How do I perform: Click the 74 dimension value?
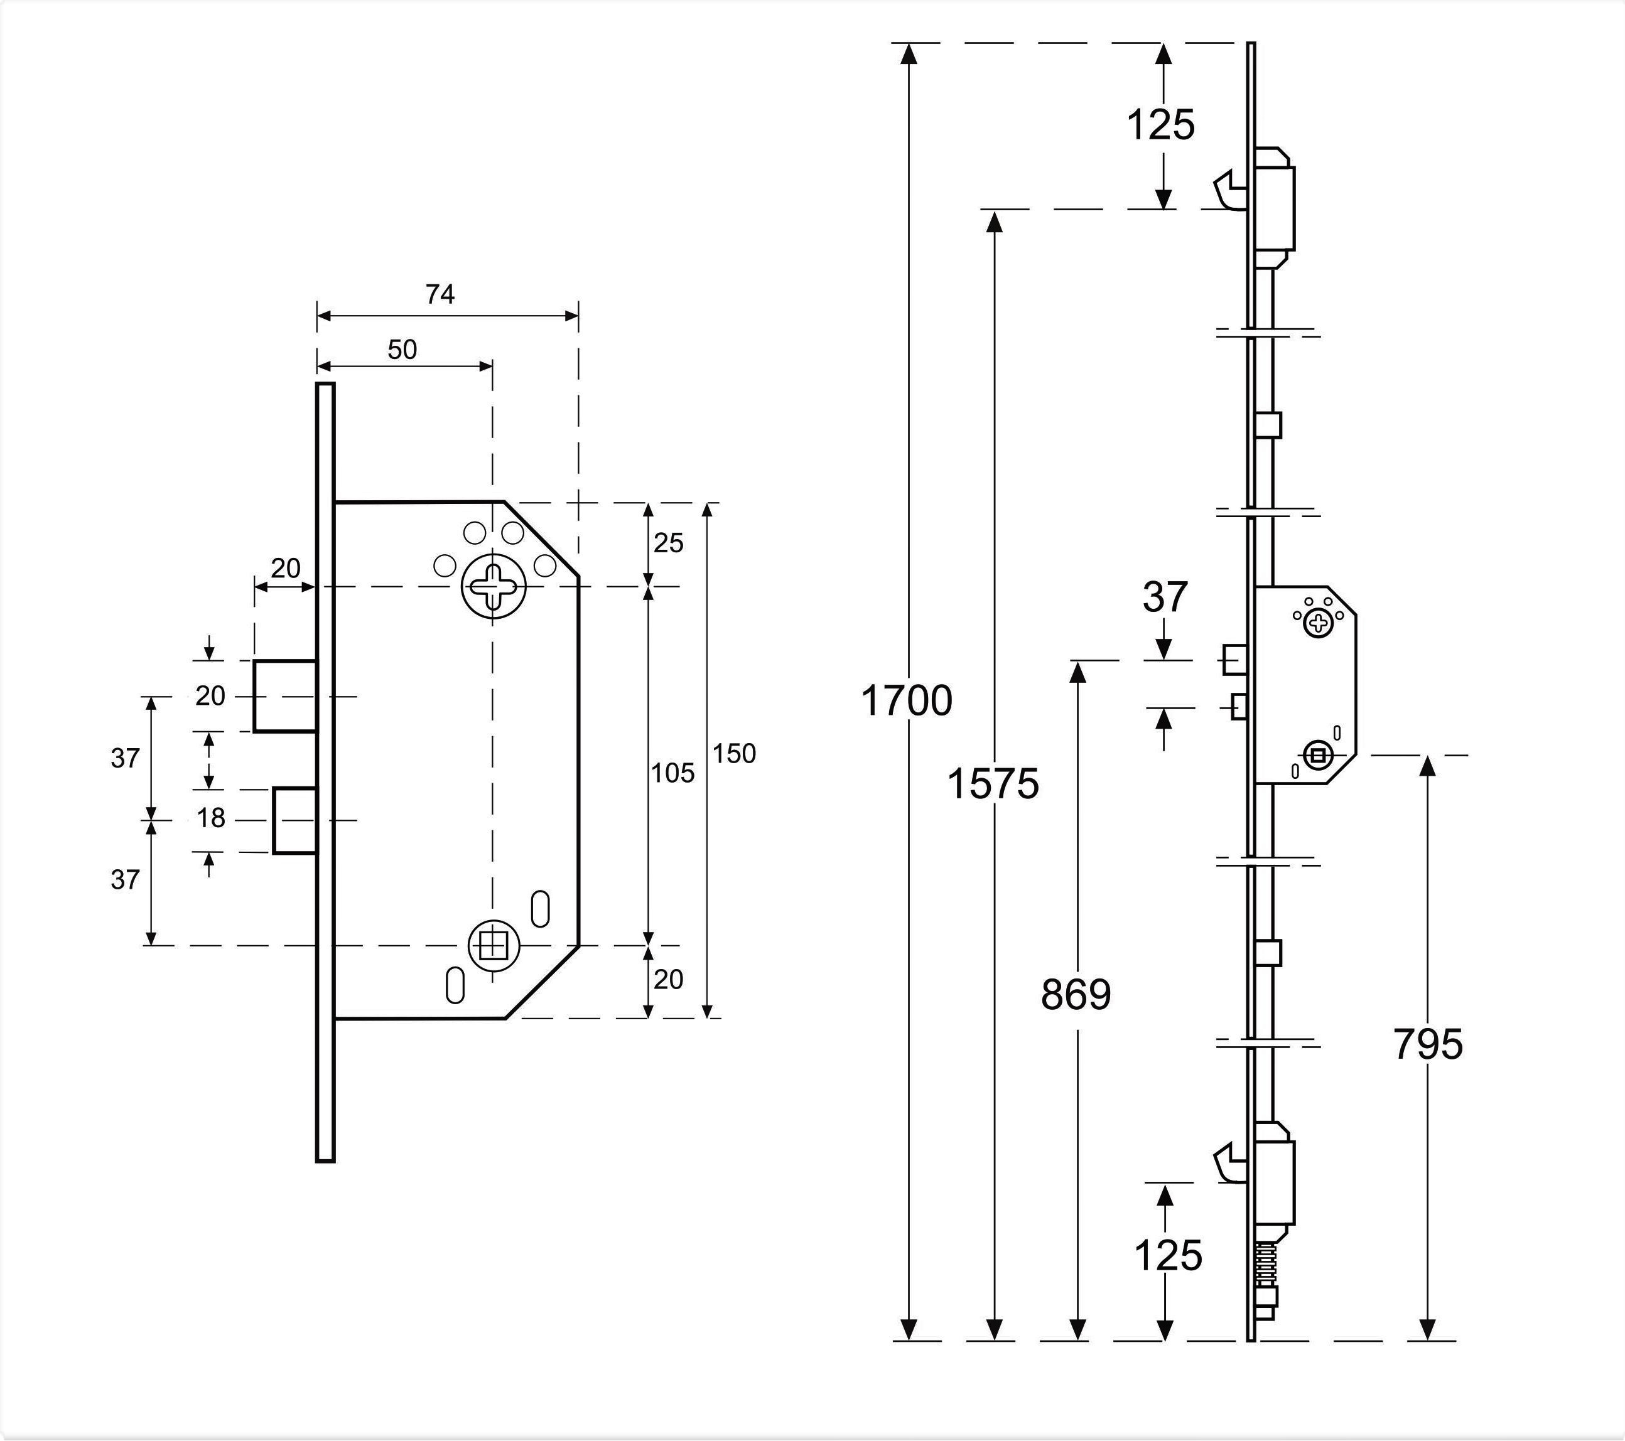440,294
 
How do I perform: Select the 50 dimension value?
402,349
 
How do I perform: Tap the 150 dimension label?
734,754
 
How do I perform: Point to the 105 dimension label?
672,773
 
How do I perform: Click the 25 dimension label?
669,543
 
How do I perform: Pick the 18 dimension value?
211,818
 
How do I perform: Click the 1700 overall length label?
906,701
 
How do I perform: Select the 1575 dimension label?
993,784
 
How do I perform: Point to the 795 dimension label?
1428,1044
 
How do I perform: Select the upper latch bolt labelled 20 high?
286,695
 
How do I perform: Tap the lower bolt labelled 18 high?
295,820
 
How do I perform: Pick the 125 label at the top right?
1162,125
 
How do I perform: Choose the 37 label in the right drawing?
1165,597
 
